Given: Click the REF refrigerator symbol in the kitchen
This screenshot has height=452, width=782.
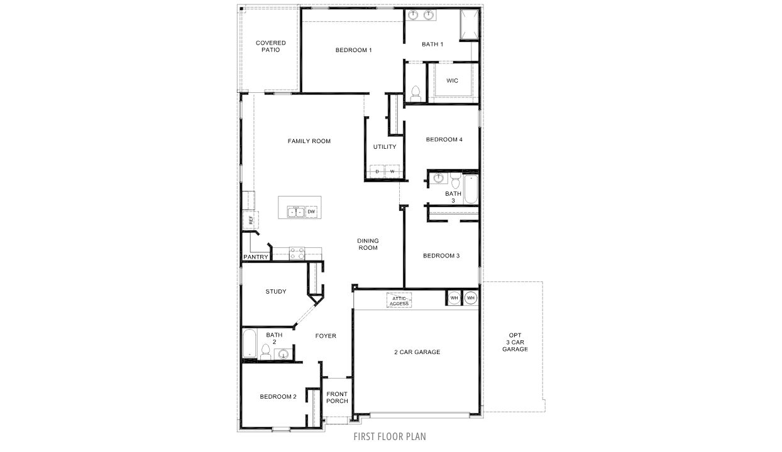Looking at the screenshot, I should (250, 220).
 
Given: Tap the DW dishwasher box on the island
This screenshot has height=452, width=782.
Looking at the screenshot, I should (311, 212).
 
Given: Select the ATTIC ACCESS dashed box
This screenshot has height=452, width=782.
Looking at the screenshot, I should (399, 301).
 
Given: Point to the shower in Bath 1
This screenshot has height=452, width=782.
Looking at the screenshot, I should (468, 24).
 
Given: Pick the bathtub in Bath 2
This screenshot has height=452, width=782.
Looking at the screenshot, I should (250, 345).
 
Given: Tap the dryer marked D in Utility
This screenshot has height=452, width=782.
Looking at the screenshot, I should (377, 171).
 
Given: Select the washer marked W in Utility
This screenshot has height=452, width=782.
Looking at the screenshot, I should (392, 171).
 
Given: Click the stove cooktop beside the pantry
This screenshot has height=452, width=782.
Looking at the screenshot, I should (297, 254).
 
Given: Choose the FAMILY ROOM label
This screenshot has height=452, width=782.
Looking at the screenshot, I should (309, 141).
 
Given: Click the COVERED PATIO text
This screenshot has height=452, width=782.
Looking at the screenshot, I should (271, 46).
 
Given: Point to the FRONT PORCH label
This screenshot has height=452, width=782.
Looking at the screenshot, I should (337, 397).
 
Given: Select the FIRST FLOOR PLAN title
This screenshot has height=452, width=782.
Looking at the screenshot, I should (390, 436).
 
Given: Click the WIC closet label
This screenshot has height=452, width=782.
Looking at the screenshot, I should (452, 81).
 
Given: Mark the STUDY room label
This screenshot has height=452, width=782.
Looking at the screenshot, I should (276, 291).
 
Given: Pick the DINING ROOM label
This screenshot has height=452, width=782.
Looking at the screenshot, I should (368, 244).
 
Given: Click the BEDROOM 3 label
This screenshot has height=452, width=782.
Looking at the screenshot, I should (441, 256).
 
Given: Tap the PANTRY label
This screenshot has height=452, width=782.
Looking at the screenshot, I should (256, 257).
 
